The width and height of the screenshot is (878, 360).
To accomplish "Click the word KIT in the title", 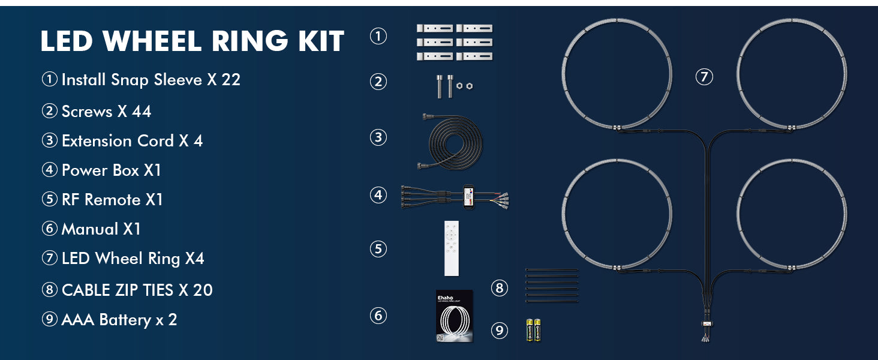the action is pyautogui.click(x=321, y=41).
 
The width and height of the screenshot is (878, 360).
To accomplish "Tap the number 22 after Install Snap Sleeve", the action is pyautogui.click(x=231, y=80).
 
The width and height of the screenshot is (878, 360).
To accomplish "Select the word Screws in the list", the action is pyautogui.click(x=87, y=112).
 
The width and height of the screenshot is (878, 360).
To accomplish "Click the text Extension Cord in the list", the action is pyautogui.click(x=118, y=141).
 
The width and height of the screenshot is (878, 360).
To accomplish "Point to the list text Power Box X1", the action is pyautogui.click(x=112, y=170).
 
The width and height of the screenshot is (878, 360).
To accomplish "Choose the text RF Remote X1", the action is pyautogui.click(x=112, y=200).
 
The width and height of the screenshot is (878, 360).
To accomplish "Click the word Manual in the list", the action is pyautogui.click(x=90, y=229).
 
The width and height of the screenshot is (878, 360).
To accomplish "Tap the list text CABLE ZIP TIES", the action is pyautogui.click(x=118, y=290).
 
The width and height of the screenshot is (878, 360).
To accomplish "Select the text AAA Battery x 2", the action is pyautogui.click(x=119, y=320).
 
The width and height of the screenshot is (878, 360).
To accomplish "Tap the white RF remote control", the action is pyautogui.click(x=451, y=248).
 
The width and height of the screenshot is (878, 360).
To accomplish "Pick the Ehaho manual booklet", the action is pyautogui.click(x=454, y=316).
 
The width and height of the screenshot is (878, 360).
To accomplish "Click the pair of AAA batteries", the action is pyautogui.click(x=533, y=329).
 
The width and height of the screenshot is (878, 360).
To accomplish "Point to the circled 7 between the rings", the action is pyautogui.click(x=704, y=76).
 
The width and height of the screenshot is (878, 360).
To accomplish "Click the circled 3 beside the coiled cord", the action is pyautogui.click(x=378, y=137).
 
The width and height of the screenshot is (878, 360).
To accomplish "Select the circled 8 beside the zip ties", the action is pyautogui.click(x=500, y=288).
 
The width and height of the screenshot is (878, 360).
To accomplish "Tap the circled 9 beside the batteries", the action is pyautogui.click(x=500, y=330).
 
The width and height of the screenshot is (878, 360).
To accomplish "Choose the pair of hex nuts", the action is pyautogui.click(x=464, y=85).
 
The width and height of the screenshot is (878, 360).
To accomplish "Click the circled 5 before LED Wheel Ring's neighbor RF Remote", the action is pyautogui.click(x=49, y=199).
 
